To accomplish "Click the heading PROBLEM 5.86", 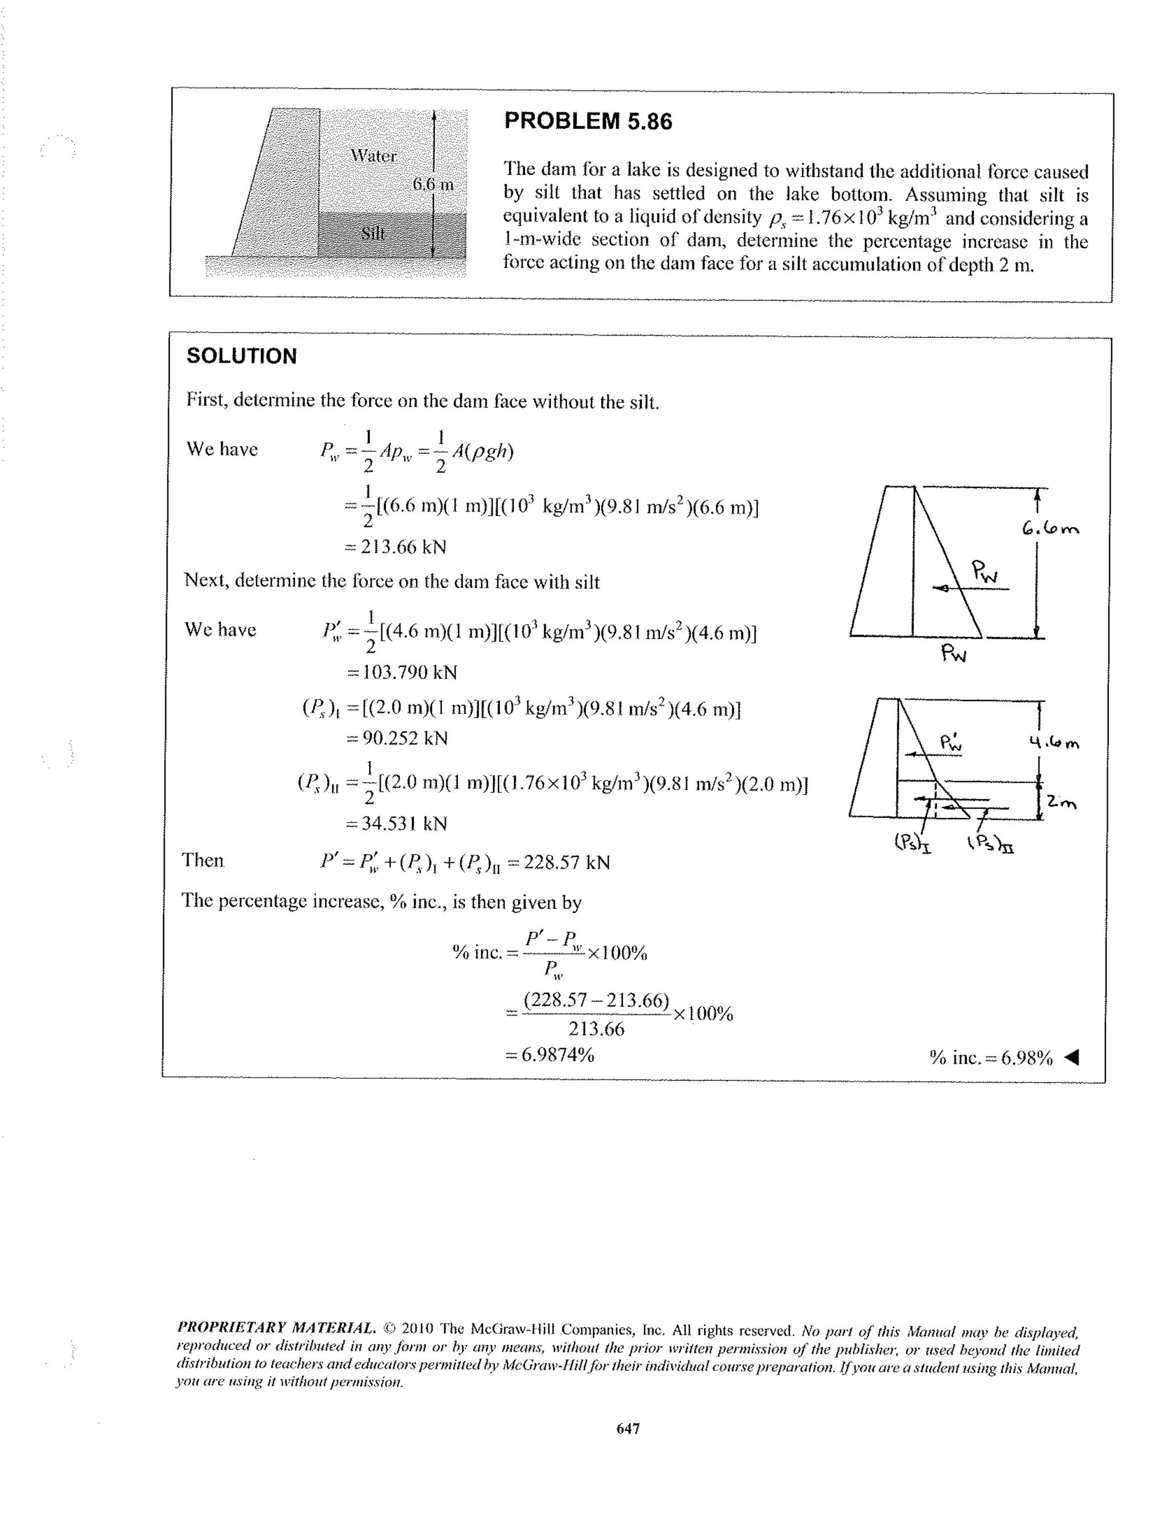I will coord(587,121).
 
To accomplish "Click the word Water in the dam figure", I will coord(373,156).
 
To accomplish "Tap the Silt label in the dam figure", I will coord(373,233).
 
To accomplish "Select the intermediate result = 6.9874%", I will coord(550,1055).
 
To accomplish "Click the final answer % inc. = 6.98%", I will coord(991,1058).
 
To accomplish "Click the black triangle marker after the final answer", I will coord(1071,1057).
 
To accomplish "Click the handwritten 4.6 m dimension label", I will coord(1054,744).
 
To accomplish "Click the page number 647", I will coord(628,1429).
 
